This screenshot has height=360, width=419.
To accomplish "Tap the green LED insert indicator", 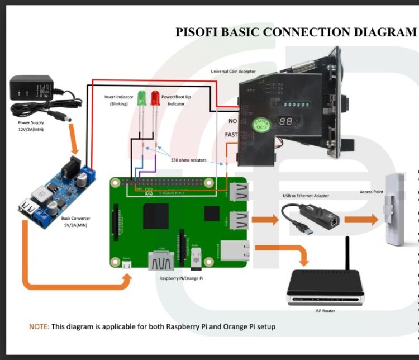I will click(x=141, y=98).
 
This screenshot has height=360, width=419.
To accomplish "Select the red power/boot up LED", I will click(x=154, y=98).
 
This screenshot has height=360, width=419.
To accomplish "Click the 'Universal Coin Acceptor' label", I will click(x=233, y=72).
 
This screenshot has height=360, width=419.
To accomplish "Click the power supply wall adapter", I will click(x=32, y=89).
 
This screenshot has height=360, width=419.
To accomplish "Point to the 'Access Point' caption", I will click(x=371, y=192).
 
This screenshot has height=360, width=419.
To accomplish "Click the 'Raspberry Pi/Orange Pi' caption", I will click(x=178, y=277).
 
